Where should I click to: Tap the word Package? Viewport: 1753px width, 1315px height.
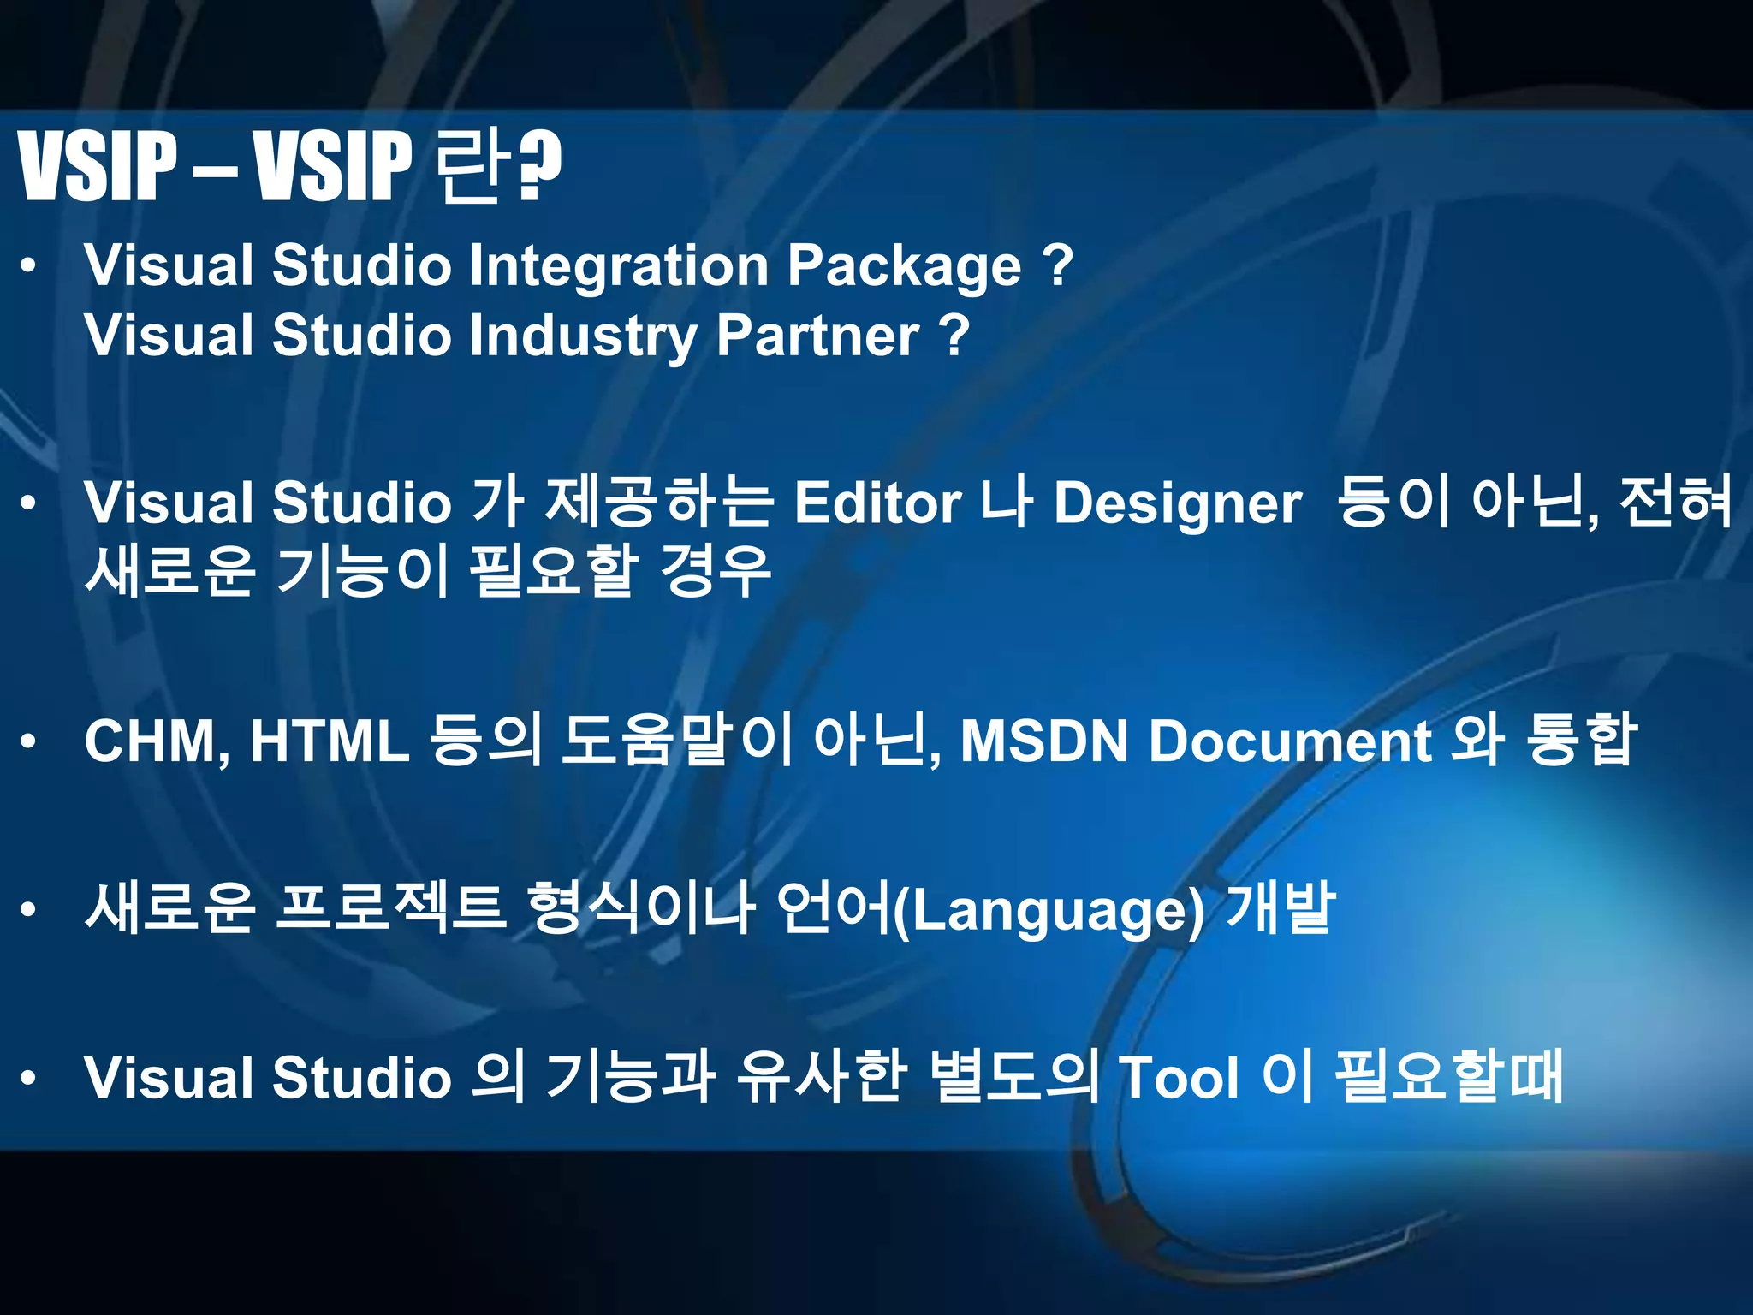coord(904,267)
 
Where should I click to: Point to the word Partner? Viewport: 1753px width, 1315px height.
coord(817,336)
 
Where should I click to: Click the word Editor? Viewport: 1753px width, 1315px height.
coord(877,503)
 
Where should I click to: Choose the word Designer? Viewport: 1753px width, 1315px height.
coord(1177,504)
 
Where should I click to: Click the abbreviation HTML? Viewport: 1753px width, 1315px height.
coord(330,741)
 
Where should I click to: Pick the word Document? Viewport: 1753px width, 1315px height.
coord(1289,741)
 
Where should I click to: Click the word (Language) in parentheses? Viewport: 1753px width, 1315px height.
coord(1049,911)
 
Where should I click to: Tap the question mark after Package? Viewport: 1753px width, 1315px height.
coord(1058,265)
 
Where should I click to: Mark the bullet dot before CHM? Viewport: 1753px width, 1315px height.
coord(29,741)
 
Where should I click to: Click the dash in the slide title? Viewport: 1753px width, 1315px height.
coord(215,169)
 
